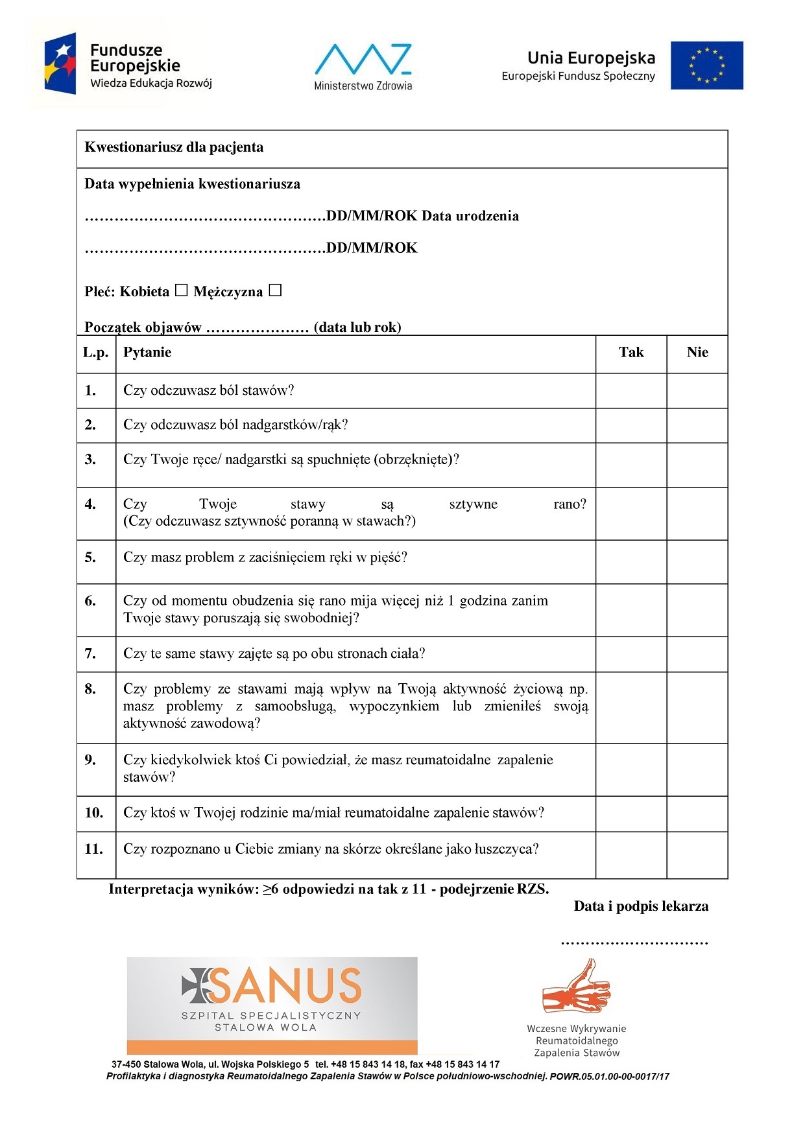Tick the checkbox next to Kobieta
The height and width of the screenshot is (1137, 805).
point(182,290)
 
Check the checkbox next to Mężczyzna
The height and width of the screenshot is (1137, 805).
point(275,290)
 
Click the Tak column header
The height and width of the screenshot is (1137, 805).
point(631,353)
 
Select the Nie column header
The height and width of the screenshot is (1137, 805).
point(697,353)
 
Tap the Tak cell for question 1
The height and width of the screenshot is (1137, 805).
point(631,390)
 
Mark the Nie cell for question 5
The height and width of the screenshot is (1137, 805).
point(697,561)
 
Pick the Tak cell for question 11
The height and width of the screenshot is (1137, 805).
point(631,854)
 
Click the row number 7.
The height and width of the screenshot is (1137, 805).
point(90,653)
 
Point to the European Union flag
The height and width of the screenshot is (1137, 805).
point(706,65)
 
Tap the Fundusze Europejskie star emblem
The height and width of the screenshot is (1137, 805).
point(60,64)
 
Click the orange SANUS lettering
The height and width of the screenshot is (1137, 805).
point(285,985)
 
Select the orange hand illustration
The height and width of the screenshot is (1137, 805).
point(576,987)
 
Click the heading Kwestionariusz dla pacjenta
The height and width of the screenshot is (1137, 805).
point(174,147)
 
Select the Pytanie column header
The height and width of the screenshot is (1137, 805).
point(147,353)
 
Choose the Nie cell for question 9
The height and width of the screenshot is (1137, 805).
point(697,769)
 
